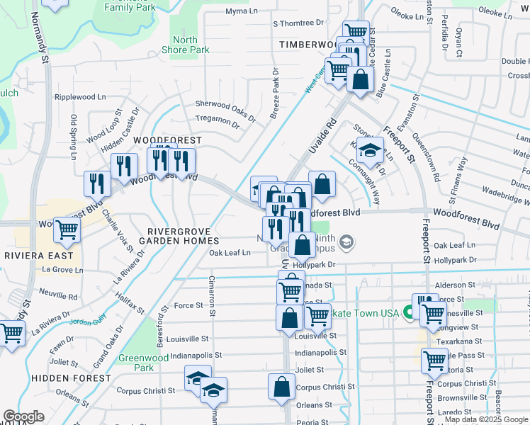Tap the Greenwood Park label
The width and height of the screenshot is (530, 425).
[x=144, y=363]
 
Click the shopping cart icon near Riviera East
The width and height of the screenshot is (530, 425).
[x=67, y=229]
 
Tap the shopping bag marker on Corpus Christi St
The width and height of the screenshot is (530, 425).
[x=281, y=387]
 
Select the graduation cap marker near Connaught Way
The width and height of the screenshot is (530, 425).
[x=369, y=149]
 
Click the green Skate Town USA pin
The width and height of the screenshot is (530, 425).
[x=408, y=312]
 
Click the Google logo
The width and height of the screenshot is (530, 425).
[x=23, y=417]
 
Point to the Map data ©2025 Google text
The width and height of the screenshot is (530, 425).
[x=486, y=420]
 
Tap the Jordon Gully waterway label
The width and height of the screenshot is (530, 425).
[x=87, y=319]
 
